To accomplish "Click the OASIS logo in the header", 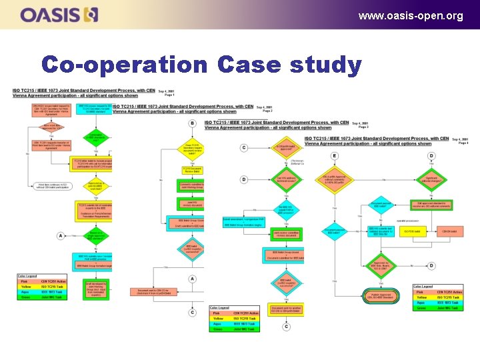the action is click(x=59, y=14).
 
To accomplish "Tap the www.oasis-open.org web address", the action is click(x=410, y=15).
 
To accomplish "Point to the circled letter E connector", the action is click(x=335, y=156).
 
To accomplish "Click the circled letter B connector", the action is click(x=192, y=123).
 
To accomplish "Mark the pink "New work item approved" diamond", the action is click(x=39, y=127).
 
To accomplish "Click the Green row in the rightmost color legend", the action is click(x=436, y=308).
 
